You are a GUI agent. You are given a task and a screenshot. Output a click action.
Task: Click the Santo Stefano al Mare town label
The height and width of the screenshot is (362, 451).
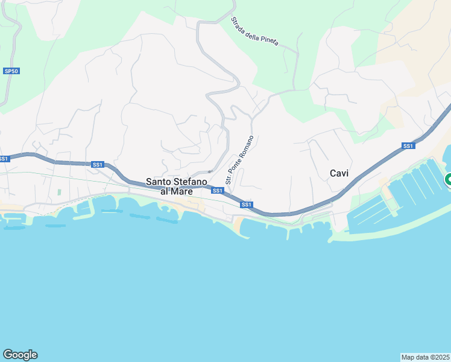[177, 186]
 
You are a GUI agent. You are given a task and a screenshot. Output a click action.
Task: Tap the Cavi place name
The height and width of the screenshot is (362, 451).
[339, 173]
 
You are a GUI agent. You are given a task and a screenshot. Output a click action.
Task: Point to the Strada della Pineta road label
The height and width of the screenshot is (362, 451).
[254, 31]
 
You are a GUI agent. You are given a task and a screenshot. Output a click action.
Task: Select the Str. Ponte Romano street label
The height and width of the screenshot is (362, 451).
[239, 160]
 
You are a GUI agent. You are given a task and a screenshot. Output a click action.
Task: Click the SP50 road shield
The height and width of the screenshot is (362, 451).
[11, 71]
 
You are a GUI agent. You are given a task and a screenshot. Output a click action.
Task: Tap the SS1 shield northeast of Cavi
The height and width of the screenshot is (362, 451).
[408, 146]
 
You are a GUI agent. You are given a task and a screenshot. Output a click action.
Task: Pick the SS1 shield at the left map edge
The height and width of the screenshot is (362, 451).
[4, 159]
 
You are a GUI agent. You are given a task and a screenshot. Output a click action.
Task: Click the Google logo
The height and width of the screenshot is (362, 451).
[20, 355]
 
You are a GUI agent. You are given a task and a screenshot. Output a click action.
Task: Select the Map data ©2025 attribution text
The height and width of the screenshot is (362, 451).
[426, 357]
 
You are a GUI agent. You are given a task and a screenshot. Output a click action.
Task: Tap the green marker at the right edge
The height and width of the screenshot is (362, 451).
[448, 179]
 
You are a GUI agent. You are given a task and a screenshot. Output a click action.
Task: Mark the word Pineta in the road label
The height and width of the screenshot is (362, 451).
[270, 40]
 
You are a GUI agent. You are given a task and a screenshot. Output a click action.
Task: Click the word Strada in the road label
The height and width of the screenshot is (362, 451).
[237, 22]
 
